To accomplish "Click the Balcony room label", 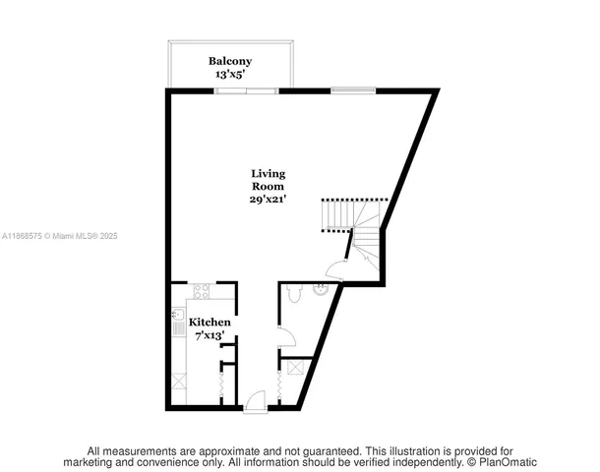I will [229, 61].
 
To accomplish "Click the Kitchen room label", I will [210, 323].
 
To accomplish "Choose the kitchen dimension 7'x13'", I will [209, 336].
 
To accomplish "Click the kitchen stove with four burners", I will [201, 291].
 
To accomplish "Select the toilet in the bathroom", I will [293, 293].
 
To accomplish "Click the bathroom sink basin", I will [321, 289].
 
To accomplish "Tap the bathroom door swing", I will [285, 339].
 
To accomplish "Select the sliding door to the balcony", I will [246, 90].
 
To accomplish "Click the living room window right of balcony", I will [351, 90].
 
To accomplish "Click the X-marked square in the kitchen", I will [179, 380].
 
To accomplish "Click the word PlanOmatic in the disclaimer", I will [509, 461].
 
